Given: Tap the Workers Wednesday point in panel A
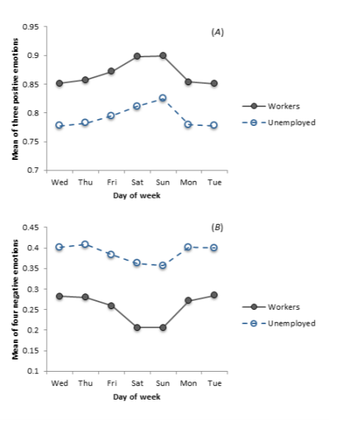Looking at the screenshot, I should [x=59, y=83].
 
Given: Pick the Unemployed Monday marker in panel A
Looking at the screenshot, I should [x=189, y=124].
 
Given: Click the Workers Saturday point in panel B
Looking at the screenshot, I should [x=137, y=327].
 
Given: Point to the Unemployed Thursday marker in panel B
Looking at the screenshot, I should [x=85, y=244].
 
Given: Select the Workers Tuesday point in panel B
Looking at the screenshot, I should [x=214, y=295].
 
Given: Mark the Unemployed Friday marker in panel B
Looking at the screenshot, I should [x=111, y=255].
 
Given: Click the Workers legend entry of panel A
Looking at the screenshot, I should [x=283, y=106].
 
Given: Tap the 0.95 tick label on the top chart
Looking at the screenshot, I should [x=31, y=27].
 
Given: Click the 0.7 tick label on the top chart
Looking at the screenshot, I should [x=34, y=170].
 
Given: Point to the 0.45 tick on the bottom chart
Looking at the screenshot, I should [x=31, y=227].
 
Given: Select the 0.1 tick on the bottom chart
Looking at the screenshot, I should [x=34, y=371].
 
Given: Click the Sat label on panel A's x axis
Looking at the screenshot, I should [x=137, y=182].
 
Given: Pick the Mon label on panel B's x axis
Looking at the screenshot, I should [x=189, y=383].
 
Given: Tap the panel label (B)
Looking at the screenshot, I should [x=217, y=226].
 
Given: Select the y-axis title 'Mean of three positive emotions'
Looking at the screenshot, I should [x=14, y=98].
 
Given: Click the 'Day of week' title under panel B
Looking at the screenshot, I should [x=137, y=397].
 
